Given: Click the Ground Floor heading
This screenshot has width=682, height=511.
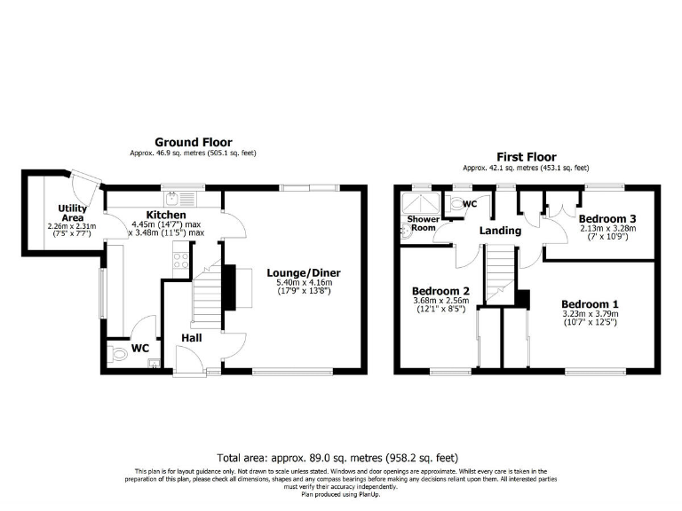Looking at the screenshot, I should coord(193,142).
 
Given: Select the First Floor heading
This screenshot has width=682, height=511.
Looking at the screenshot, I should coord(525,156).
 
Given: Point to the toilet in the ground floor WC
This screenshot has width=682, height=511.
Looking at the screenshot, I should coord(121,355).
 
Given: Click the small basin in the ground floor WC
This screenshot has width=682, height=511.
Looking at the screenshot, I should coord(155,362).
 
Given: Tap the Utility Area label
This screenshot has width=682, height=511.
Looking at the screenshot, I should coord(73,213).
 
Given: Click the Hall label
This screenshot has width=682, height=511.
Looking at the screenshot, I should coord(192,337).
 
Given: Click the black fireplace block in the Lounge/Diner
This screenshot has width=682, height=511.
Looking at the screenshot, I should coord(228,289).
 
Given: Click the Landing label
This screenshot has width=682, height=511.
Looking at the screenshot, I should coord(500,230).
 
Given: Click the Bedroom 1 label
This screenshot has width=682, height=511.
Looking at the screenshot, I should coord(590,302).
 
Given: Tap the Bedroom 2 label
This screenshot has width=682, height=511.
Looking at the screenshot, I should coord(440,290).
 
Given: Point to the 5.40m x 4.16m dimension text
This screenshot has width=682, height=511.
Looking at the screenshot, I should coord(303,283).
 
